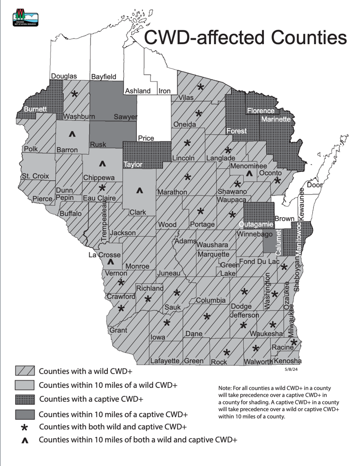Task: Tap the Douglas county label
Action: coord(64,76)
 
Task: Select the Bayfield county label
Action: coord(103,76)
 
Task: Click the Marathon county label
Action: coord(172,192)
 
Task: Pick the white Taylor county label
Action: coord(132,165)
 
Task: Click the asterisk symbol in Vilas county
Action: coord(201,88)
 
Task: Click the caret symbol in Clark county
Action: coord(139,191)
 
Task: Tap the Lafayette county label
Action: coord(165,361)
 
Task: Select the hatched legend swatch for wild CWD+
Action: coord(25,371)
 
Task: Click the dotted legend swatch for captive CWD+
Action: coord(25,400)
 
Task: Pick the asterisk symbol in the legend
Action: coord(25,428)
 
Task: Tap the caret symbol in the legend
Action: coord(25,441)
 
